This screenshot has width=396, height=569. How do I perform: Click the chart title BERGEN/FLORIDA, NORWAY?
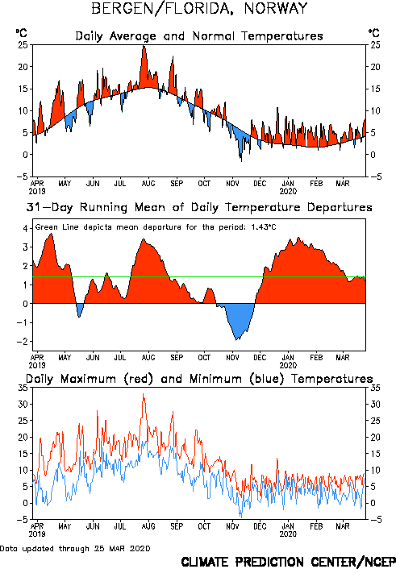click(x=199, y=8)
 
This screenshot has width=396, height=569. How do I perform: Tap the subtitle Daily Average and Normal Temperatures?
click(x=199, y=36)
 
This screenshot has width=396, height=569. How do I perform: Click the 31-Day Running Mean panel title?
click(x=199, y=208)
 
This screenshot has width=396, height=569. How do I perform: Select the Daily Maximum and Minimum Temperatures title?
click(x=199, y=379)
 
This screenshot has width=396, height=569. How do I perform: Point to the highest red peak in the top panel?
click(x=144, y=47)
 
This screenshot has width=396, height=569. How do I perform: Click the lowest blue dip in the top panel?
click(x=241, y=160)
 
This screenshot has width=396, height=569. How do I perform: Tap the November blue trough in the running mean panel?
click(x=237, y=339)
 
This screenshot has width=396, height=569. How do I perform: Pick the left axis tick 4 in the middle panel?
click(x=26, y=228)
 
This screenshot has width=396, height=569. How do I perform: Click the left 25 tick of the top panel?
click(x=23, y=45)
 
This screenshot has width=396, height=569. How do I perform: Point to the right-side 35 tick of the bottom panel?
click(x=375, y=388)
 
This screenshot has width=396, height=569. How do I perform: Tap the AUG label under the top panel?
click(x=148, y=183)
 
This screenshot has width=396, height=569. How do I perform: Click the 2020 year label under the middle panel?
click(x=288, y=365)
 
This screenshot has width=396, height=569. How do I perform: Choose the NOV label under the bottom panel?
click(x=232, y=526)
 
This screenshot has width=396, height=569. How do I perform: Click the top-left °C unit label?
click(x=22, y=33)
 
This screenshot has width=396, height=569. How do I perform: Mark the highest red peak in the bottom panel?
click(x=143, y=394)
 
